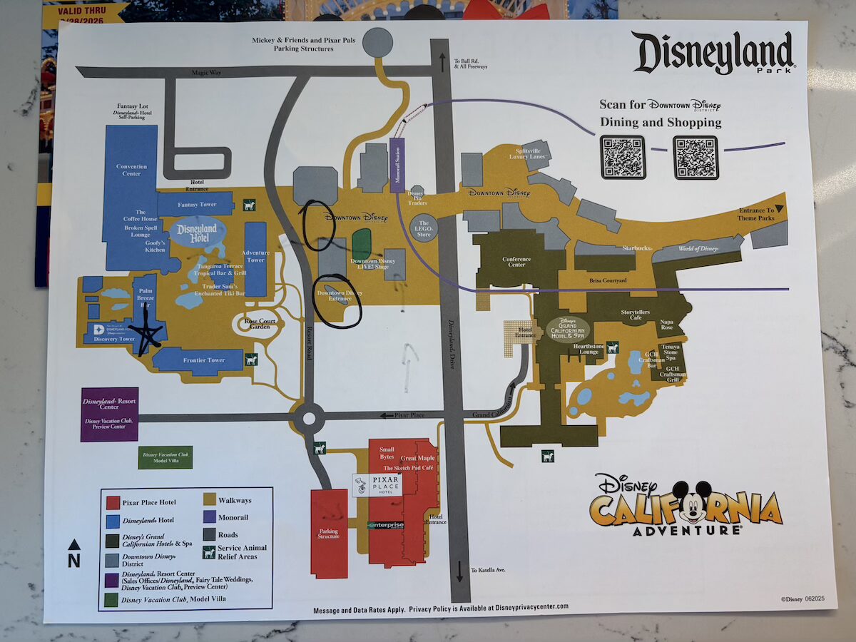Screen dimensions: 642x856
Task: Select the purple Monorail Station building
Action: point(398,163)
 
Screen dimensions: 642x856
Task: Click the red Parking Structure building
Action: point(329,533)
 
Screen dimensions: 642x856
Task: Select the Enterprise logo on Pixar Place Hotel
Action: point(386,525)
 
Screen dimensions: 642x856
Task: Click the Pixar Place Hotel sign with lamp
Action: point(377,486)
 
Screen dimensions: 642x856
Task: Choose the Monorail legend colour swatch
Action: point(210,517)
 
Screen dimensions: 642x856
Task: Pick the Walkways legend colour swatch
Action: point(210,500)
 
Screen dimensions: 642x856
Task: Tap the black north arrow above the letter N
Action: point(74,545)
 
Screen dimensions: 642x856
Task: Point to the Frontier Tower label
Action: point(205,360)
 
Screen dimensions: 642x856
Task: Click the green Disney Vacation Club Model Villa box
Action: point(165,457)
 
